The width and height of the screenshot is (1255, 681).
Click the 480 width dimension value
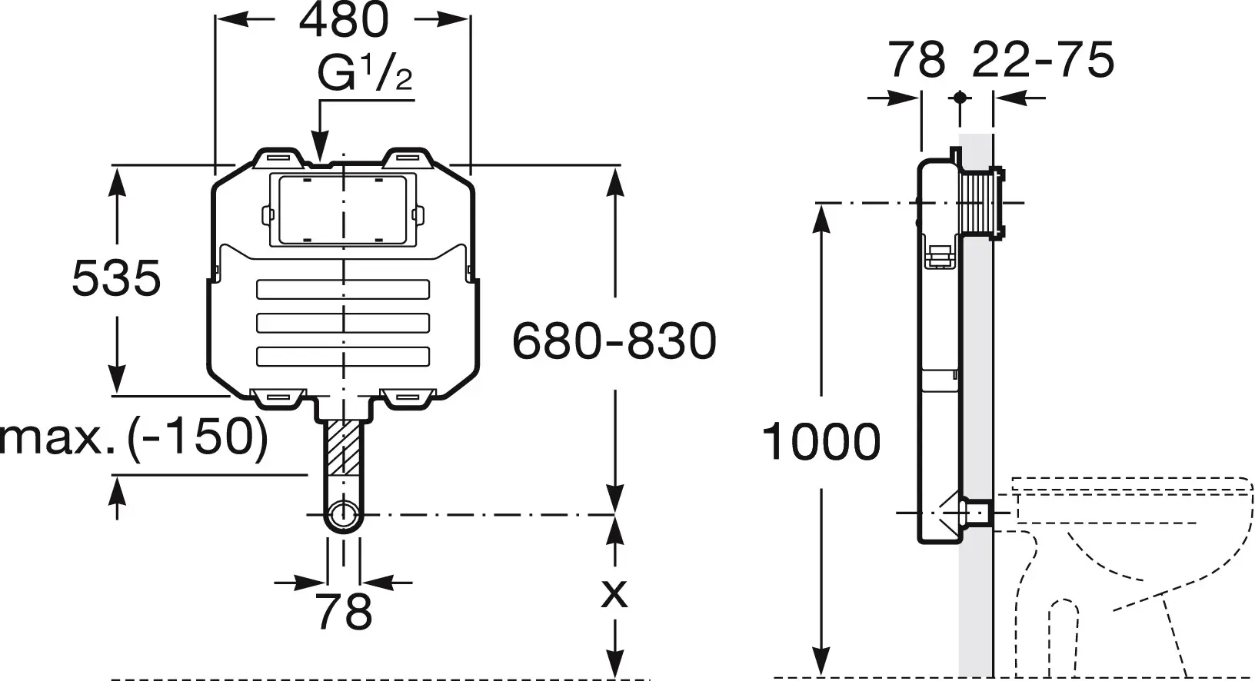pos(344,21)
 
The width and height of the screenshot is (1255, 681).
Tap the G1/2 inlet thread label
pos(365,75)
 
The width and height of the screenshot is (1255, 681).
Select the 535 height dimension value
pos(116,277)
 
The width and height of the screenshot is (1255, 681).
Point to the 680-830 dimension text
pos(614,340)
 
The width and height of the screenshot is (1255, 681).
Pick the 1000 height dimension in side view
pos(821,442)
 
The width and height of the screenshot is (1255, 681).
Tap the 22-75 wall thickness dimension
pos(1043,59)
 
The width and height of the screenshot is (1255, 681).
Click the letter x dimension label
pos(614,593)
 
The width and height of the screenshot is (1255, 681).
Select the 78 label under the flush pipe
pos(344,613)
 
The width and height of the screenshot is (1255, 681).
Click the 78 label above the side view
pos(917,59)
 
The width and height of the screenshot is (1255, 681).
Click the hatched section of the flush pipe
pos(344,447)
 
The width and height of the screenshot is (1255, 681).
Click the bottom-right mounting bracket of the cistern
pos(408,396)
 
